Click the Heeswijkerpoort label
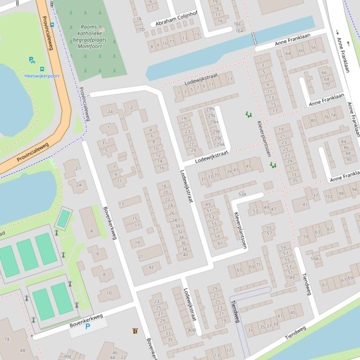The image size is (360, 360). (x=42, y=76)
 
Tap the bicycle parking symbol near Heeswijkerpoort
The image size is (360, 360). (x=32, y=60)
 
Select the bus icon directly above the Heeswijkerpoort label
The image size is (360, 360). (x=42, y=69)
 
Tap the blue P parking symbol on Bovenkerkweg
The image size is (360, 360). (x=88, y=326)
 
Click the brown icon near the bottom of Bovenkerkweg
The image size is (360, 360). (x=135, y=331)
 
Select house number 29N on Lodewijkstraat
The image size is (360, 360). (x=210, y=109)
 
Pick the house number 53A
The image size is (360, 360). (x=242, y=194)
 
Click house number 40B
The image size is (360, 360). (x=191, y=330)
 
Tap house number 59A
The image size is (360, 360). (x=314, y=259)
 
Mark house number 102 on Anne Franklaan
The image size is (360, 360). (x=329, y=194)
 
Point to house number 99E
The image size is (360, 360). (x=68, y=357)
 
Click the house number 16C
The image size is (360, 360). (x=237, y=23)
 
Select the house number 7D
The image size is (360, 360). (x=141, y=29)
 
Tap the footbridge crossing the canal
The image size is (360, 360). (x=255, y=39)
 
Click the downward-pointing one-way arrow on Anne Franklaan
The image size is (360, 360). (x=338, y=33)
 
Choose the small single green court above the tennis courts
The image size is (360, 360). (x=63, y=218)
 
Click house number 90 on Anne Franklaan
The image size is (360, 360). (x=349, y=159)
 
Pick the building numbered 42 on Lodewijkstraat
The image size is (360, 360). (x=151, y=267)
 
